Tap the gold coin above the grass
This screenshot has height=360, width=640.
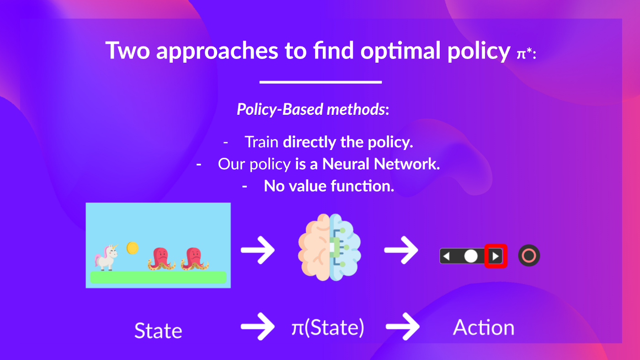(x=133, y=248)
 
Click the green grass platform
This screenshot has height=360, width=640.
(x=158, y=277)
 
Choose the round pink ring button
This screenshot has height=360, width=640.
(x=529, y=256)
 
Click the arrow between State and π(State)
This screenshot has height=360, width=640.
(x=258, y=327)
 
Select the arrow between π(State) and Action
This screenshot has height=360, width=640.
(x=402, y=327)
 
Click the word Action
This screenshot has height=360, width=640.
(x=484, y=328)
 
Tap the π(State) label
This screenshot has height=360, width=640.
(x=328, y=328)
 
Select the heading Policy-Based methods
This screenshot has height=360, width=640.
(x=313, y=109)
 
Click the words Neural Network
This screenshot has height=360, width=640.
(x=381, y=164)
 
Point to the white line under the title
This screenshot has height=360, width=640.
(x=320, y=82)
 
